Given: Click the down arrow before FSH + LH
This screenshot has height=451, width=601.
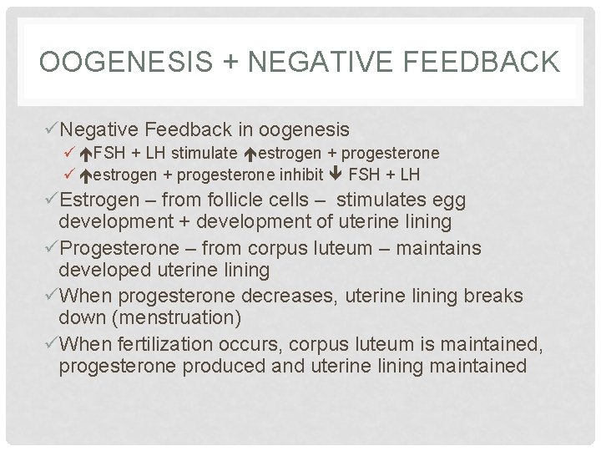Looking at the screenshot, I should click(x=337, y=175).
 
